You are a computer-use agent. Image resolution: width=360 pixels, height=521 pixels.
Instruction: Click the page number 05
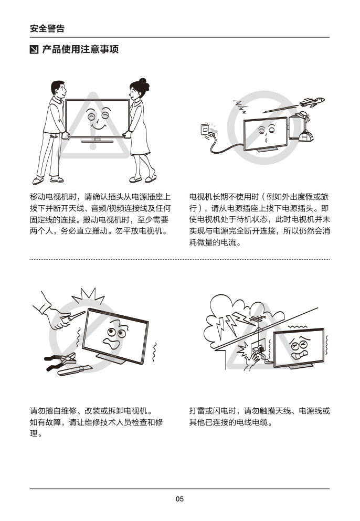(179, 499)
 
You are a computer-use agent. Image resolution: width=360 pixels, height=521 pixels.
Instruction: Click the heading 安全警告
(47, 28)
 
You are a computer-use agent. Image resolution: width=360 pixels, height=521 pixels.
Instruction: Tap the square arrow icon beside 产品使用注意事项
(34, 49)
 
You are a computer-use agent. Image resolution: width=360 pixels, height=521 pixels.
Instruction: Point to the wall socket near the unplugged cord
(205, 129)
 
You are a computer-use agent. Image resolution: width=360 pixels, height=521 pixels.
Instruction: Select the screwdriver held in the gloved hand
(74, 316)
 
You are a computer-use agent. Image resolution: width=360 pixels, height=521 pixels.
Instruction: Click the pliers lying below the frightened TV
(61, 361)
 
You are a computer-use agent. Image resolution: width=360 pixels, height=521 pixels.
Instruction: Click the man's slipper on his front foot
(38, 180)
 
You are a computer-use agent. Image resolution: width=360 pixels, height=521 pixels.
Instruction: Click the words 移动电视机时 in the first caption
(53, 197)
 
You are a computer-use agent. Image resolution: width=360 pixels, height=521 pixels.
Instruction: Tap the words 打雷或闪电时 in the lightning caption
(213, 411)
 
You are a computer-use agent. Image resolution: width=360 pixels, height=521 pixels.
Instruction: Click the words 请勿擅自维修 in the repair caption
(53, 411)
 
